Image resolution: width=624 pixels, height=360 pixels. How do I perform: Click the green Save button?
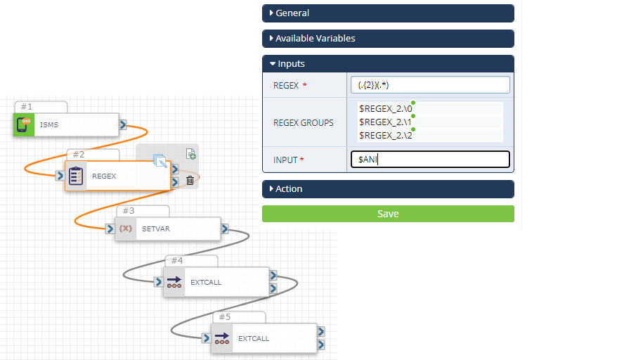[388, 214]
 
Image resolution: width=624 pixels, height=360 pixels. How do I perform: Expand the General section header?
[388, 13]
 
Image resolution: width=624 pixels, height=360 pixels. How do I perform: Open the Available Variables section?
[388, 39]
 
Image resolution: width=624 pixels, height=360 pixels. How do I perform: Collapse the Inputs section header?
[388, 64]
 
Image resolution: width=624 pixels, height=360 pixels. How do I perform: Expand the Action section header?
[388, 188]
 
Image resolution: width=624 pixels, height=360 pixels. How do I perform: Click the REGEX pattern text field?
[430, 85]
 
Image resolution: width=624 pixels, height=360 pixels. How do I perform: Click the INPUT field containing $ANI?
[430, 160]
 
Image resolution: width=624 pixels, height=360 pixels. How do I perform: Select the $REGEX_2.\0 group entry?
[386, 109]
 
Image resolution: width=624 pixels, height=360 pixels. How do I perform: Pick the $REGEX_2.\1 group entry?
[386, 122]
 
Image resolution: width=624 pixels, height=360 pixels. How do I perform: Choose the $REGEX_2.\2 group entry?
[386, 136]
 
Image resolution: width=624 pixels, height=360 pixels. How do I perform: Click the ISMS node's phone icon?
[24, 124]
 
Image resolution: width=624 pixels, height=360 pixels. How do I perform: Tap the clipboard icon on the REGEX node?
[76, 176]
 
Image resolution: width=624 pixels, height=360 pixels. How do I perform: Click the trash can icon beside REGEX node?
[190, 181]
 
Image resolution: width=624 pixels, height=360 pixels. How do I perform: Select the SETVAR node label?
[156, 229]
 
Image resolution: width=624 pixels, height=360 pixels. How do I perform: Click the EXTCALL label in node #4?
[206, 283]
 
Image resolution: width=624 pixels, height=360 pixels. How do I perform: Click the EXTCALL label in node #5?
[254, 338]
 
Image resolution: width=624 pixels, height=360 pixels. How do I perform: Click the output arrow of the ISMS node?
[123, 125]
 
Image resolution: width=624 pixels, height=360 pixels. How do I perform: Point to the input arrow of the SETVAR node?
[110, 229]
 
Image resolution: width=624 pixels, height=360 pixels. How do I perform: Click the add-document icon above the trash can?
[190, 154]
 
